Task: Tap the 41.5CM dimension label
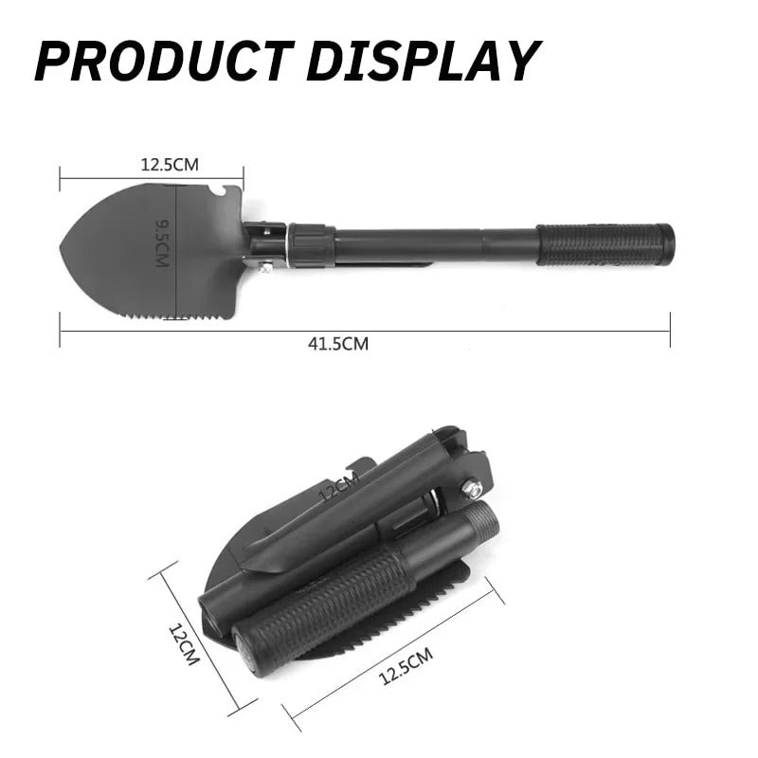[x=338, y=344]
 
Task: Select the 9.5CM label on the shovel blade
[x=162, y=243]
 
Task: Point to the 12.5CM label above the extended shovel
[x=170, y=164]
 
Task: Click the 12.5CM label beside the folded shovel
[x=406, y=665]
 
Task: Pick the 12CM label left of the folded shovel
[x=184, y=643]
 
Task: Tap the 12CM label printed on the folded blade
[x=338, y=490]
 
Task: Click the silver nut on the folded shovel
[x=471, y=490]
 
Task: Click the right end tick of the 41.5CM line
[x=670, y=331]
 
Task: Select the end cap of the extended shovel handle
[x=667, y=244]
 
